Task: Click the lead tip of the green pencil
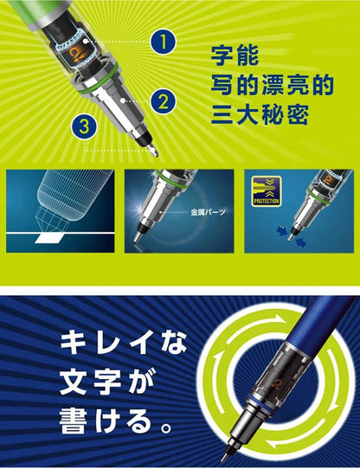pos(157,152)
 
